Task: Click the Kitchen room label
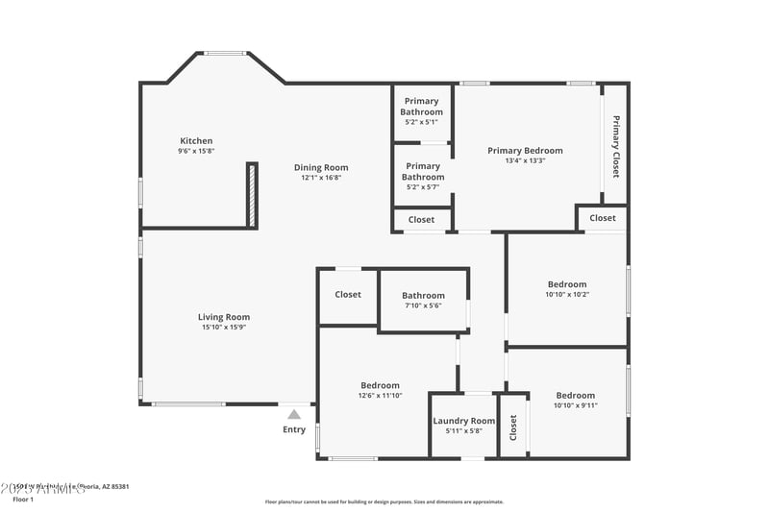pos(196,141)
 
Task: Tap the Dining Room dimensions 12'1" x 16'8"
pos(321,178)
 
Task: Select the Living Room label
pos(224,317)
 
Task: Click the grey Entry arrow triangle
pos(294,414)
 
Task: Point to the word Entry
pos(294,429)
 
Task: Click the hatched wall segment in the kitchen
pos(253,195)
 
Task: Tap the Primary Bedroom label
pos(525,151)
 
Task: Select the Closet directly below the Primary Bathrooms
pos(421,220)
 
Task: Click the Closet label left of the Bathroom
pos(347,295)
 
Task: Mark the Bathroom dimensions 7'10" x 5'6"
pos(423,305)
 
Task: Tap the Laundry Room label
pos(463,421)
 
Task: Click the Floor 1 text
pos(23,500)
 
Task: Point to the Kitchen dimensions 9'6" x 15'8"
pos(196,152)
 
